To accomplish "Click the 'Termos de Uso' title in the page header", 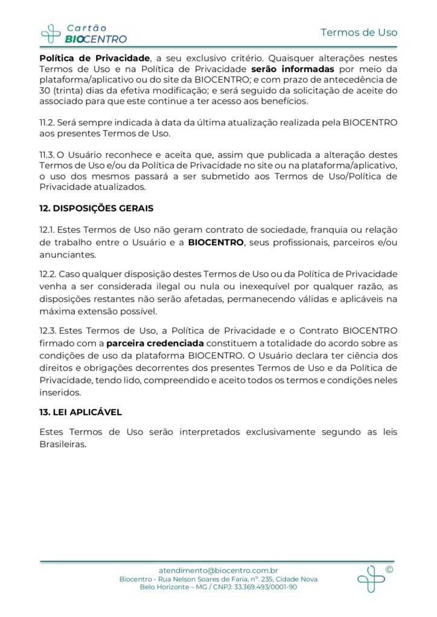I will (359, 32).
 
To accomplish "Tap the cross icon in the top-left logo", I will (51, 34).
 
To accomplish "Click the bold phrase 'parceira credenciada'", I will (155, 344).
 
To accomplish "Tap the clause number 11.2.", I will (47, 122).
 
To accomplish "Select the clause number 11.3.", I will (47, 155).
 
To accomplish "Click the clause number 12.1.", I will (48, 230).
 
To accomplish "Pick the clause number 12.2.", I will (48, 274).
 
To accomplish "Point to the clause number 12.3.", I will (48, 330).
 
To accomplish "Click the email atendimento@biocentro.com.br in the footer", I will (218, 570).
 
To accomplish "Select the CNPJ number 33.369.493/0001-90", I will (266, 587).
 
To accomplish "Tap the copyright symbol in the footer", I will (389, 569).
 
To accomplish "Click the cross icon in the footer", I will (370, 578).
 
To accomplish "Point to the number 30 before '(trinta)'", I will (45, 90).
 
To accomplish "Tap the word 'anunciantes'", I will (67, 255).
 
